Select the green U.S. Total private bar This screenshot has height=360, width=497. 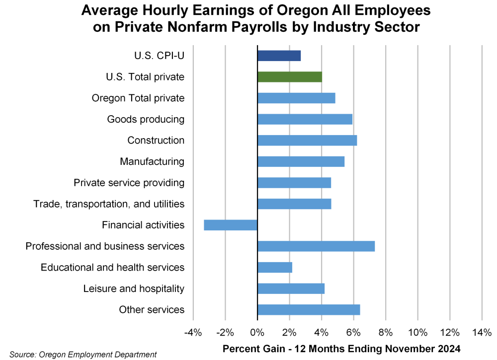click(x=290, y=77)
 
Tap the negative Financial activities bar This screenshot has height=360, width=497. click(x=231, y=225)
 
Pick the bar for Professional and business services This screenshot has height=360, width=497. click(x=316, y=246)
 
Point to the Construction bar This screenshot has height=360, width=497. click(x=307, y=141)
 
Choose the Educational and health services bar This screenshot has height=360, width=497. click(x=275, y=267)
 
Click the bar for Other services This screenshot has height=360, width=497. click(x=309, y=310)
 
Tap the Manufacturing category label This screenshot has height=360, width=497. click(x=152, y=161)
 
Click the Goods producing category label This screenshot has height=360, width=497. click(x=146, y=119)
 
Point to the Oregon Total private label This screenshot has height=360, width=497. click(x=138, y=98)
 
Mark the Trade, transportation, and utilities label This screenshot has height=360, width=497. click(x=109, y=204)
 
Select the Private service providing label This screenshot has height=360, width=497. click(x=129, y=183)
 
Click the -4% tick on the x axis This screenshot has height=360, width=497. click(x=193, y=332)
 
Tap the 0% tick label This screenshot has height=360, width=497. click(x=257, y=332)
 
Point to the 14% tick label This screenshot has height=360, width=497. click(x=481, y=332)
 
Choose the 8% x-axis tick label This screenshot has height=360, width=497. click(x=385, y=332)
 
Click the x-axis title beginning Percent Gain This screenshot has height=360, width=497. click(x=341, y=348)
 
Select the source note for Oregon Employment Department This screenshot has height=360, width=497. click(x=83, y=354)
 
